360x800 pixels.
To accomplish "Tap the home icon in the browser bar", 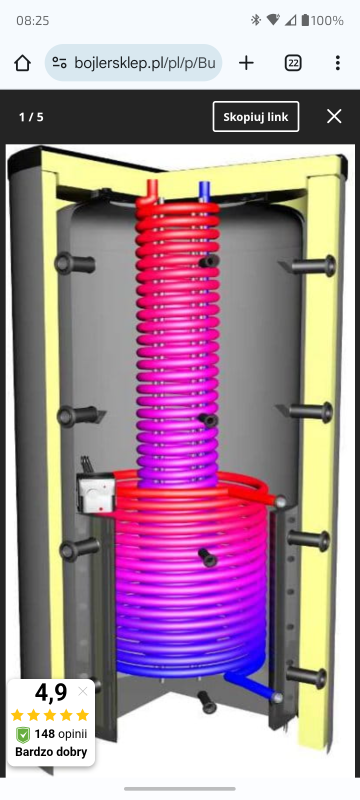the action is (x=22, y=63).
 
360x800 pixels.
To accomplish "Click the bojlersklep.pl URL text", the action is (x=145, y=63).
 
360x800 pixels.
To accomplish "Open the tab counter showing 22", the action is (x=293, y=63).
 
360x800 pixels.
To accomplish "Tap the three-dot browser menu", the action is (x=338, y=63).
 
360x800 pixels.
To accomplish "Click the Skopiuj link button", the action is (x=256, y=117).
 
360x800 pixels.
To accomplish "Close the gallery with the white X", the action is (x=334, y=117).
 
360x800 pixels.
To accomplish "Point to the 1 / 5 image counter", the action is (x=31, y=117).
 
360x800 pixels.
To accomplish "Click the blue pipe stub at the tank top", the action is (x=204, y=191).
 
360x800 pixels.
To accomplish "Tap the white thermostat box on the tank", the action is (x=96, y=492).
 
